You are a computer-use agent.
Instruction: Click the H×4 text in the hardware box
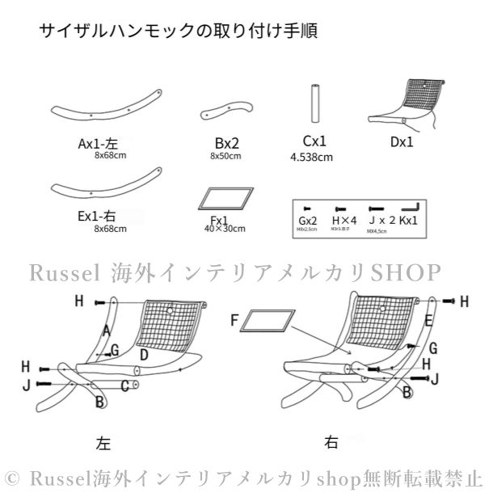pyautogui.click(x=344, y=219)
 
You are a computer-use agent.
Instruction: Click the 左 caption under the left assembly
pyautogui.click(x=103, y=443)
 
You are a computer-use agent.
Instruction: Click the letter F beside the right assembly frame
pyautogui.click(x=234, y=321)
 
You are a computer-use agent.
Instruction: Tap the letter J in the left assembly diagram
pyautogui.click(x=27, y=385)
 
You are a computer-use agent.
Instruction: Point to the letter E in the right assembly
pyautogui.click(x=428, y=321)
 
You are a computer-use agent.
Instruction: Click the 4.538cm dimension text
pyautogui.click(x=311, y=158)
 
